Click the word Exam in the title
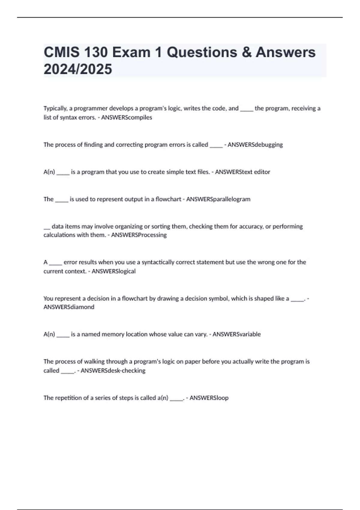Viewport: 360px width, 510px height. click(131, 52)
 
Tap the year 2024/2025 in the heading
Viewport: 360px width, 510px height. click(78, 69)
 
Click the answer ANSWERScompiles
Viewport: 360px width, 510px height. click(127, 118)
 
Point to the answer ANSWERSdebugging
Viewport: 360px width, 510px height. click(255, 145)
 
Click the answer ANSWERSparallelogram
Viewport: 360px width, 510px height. click(218, 199)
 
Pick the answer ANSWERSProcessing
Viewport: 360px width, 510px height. click(139, 235)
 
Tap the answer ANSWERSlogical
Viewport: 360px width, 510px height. click(113, 271)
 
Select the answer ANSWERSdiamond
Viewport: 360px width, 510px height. click(69, 307)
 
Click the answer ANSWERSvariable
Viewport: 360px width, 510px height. click(236, 334)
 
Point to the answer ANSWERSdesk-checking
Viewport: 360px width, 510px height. click(113, 370)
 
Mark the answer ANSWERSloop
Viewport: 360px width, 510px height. click(209, 398)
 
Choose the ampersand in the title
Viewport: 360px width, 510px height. click(246, 52)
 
